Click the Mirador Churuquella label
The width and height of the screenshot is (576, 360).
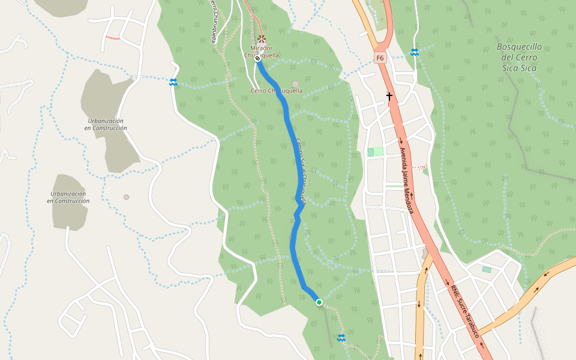coord(262,51)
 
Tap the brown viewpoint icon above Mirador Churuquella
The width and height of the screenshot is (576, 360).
coord(262,40)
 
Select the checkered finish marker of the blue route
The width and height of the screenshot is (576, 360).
coord(257,59)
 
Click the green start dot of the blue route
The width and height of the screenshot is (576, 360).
coord(319,302)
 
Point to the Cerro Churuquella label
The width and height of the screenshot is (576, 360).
coord(277,91)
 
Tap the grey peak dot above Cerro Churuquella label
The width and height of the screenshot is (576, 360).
coord(295,85)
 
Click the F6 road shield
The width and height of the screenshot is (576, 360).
coord(380,58)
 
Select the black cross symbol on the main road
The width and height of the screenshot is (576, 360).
coord(389,96)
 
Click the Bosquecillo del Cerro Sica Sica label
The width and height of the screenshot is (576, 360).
coord(520,58)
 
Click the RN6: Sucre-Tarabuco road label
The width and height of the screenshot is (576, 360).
coord(468,311)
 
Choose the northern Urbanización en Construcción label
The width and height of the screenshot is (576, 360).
coord(106,124)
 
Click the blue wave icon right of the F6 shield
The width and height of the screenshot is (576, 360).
coord(414,52)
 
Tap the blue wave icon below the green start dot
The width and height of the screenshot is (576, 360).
coord(341,338)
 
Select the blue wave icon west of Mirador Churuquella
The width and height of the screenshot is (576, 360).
coord(173,82)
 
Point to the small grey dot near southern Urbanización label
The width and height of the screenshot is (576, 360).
coord(126,197)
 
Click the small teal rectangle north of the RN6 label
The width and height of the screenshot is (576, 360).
coord(486,269)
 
